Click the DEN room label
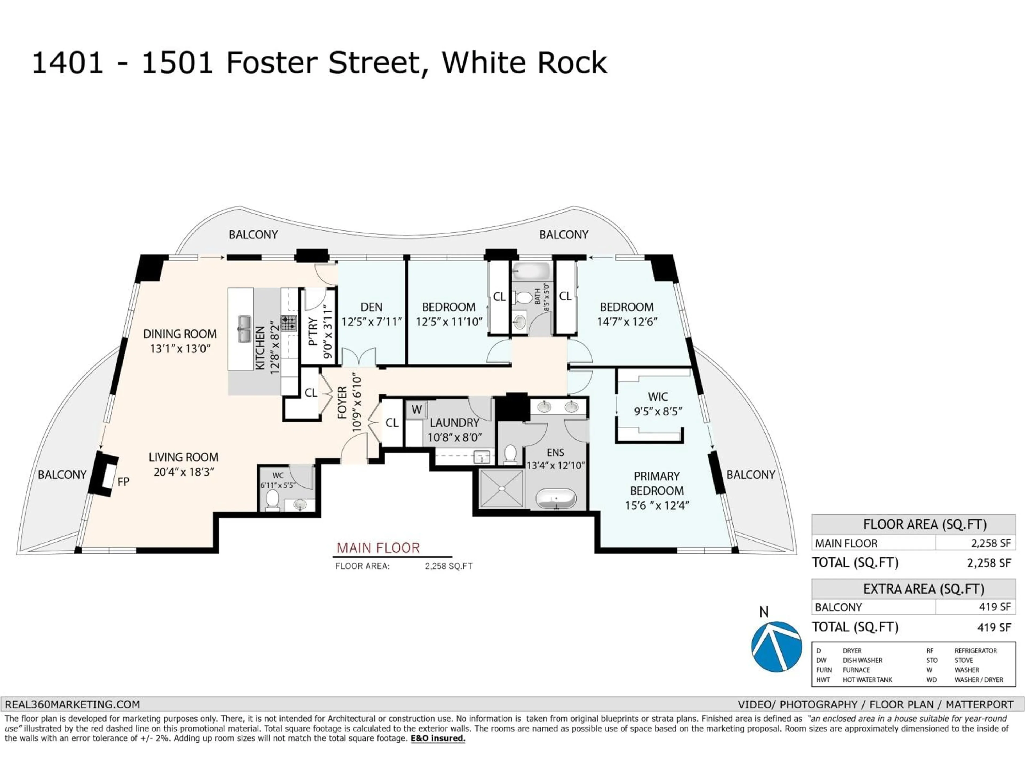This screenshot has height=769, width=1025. click(371, 307)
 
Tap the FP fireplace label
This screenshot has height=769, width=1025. click(123, 482)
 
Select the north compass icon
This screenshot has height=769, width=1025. click(776, 646)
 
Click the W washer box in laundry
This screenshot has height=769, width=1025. click(417, 409)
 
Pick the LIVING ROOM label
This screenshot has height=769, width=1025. click(183, 457)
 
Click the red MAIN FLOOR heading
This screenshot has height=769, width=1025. click(378, 548)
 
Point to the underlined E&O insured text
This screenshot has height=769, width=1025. click(438, 738)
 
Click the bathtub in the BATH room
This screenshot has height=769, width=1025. click(531, 270)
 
